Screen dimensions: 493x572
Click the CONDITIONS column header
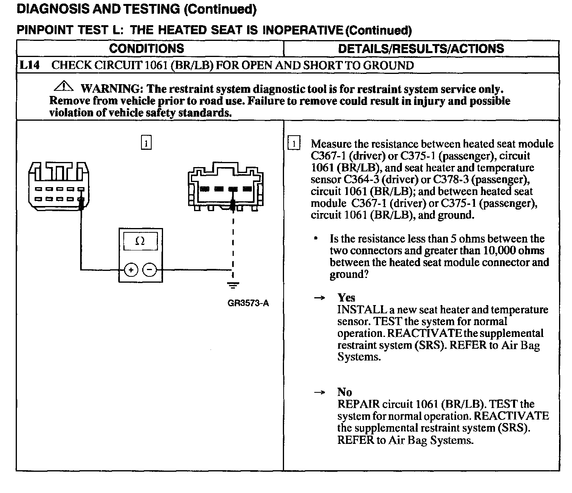pos(147,49)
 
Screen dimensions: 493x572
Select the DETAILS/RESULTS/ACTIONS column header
pos(421,49)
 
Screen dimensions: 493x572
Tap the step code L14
pos(29,65)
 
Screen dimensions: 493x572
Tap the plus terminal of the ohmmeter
pos(131,270)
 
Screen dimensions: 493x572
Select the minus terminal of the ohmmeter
pos(149,270)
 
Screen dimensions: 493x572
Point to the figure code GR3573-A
pos(248,303)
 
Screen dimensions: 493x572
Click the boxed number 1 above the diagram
pos(146,143)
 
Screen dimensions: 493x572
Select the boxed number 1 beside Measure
pos(294,143)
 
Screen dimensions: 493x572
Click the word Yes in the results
pos(346,298)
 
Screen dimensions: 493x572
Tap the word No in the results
pos(345,392)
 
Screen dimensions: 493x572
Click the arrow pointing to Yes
pos(320,298)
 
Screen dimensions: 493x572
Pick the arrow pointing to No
pos(320,392)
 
